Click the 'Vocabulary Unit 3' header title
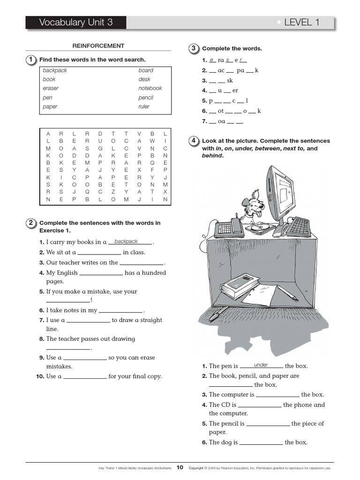[76, 22]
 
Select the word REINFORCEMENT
[98, 46]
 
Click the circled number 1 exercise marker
[30, 60]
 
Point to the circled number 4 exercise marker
[193, 141]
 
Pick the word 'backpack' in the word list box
[55, 70]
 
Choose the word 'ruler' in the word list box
[144, 106]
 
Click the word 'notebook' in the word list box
[150, 88]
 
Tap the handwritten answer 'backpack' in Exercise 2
[126, 241]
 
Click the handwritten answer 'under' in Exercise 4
[261, 365]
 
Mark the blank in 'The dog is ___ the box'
[261, 443]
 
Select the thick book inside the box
[240, 286]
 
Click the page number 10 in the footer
[180, 467]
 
